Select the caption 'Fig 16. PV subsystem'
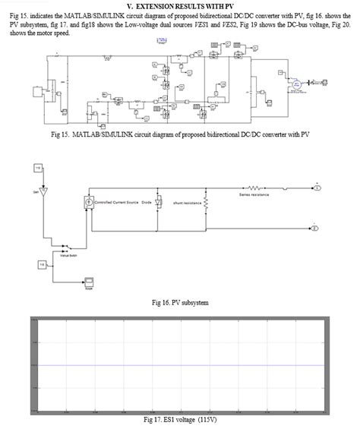[x=181, y=302]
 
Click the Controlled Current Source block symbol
[x=87, y=203]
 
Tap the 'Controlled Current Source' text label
[x=115, y=203]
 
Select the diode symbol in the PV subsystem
[x=156, y=203]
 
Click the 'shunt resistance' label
[x=187, y=203]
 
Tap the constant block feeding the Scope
[x=42, y=264]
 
